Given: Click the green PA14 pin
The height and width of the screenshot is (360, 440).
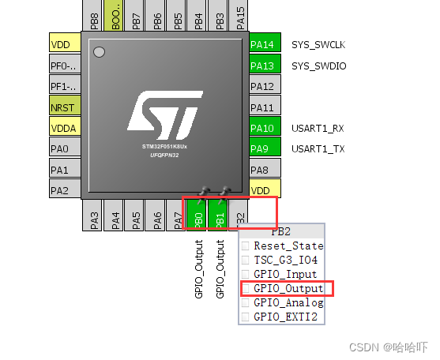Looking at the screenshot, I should coord(260,45).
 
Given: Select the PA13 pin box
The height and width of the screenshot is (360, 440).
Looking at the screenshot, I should coord(260,66).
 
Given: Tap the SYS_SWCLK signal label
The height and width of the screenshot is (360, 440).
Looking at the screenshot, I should coord(318,45).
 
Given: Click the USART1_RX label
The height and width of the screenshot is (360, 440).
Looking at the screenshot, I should coord(318,128).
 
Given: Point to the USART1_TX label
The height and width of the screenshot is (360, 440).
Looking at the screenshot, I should coord(318,148).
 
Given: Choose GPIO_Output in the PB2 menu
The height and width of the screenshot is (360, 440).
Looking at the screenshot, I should coord(288,288).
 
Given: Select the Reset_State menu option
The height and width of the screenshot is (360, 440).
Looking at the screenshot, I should coord(288,246).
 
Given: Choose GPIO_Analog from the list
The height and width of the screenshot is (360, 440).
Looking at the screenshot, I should coord(288,302).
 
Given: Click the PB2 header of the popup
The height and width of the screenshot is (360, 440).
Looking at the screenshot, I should coord(281,231).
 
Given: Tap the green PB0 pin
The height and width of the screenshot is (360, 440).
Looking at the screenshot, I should coord(199,215).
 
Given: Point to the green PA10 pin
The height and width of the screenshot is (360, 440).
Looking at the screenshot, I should coord(260,128).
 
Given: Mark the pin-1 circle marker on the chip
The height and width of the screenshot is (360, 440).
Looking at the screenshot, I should coord(100,53).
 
